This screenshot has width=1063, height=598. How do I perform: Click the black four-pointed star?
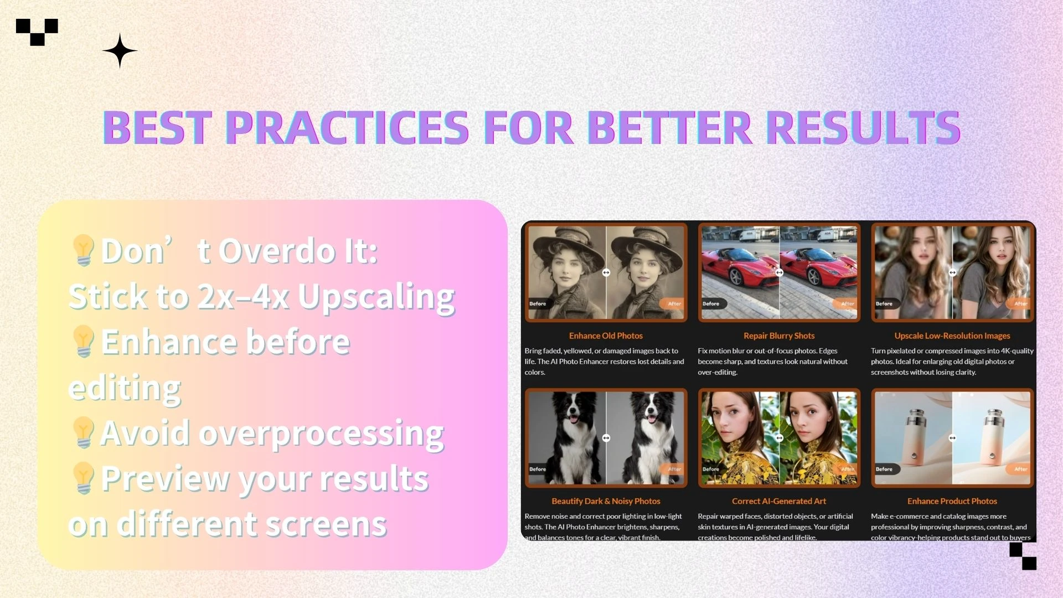120,51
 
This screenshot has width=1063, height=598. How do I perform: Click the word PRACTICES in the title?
347,127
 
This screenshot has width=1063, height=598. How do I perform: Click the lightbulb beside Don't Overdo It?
83,250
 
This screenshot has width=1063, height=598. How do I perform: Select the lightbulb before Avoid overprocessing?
83,432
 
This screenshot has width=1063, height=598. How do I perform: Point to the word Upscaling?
376,297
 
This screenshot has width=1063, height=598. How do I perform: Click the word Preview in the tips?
165,478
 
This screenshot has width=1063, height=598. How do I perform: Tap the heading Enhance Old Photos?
606,336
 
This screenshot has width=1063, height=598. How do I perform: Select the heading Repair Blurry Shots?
778,336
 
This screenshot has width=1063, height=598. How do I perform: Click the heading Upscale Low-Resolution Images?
952,336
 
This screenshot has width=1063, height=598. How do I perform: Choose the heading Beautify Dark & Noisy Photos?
606,501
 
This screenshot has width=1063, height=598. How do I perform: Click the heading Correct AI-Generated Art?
778,501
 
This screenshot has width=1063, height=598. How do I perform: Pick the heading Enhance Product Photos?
952,501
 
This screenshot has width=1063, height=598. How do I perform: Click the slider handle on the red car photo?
779,272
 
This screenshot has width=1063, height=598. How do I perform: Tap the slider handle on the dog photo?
606,438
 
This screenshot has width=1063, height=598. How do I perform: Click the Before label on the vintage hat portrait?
538,303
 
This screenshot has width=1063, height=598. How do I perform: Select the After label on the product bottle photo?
1020,469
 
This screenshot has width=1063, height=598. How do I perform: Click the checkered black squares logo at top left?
37,32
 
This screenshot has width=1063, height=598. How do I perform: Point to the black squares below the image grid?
1023,556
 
